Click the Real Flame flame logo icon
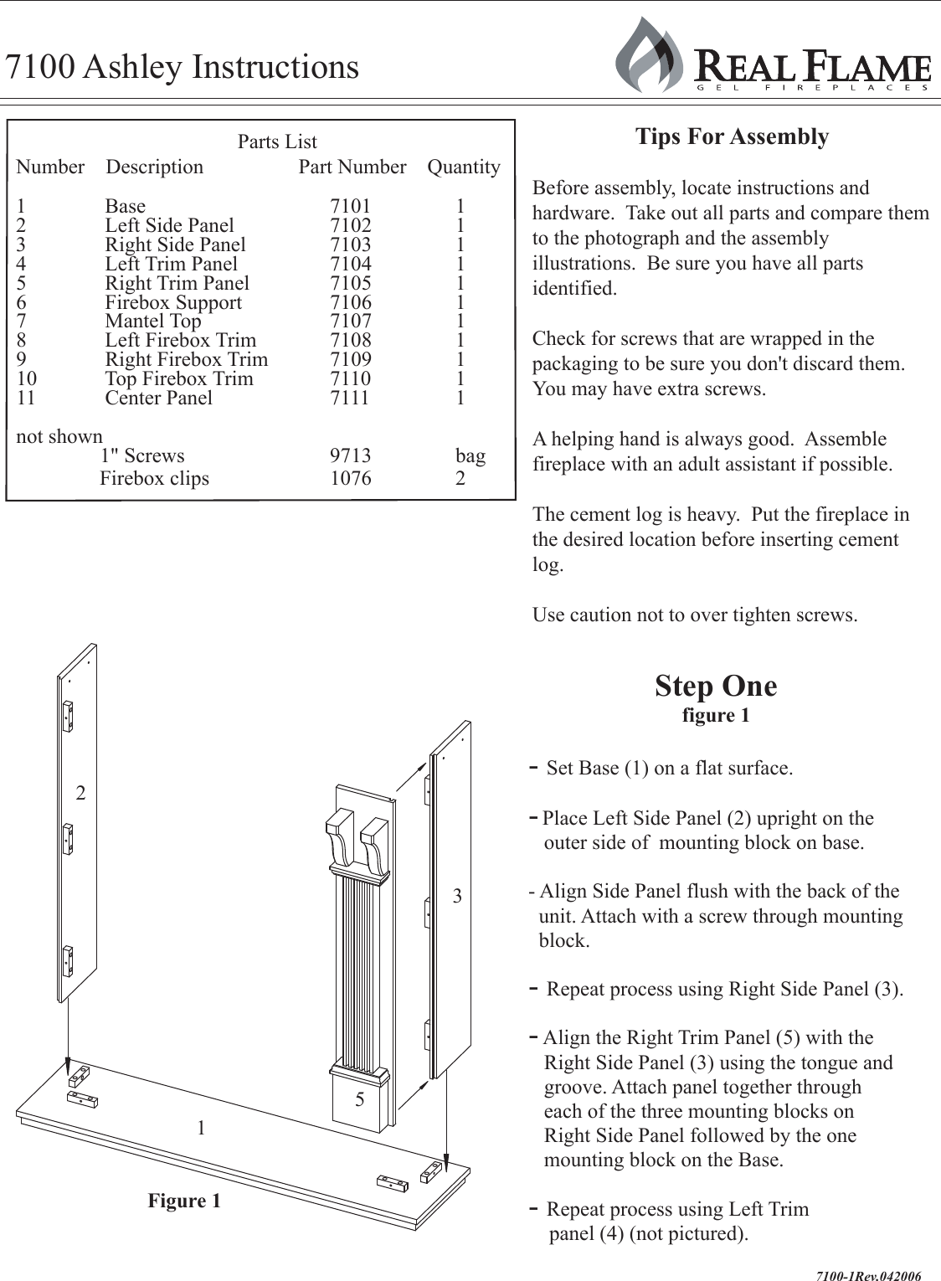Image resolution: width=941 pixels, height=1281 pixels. pos(650,57)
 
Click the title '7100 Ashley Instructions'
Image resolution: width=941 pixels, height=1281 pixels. pos(182,67)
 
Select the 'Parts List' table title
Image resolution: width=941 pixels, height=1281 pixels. pos(277,141)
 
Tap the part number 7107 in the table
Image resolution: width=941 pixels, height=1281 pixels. pos(350,321)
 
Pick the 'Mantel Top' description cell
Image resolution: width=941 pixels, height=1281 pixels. pos(153,321)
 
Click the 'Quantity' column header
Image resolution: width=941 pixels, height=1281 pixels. pos(464,167)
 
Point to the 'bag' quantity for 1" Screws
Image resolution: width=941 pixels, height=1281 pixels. pos(470,455)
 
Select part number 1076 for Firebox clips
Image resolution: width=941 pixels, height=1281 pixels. pos(350,478)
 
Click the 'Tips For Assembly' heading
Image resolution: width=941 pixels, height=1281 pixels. pos(732,136)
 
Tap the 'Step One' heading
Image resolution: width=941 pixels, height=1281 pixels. pos(716,686)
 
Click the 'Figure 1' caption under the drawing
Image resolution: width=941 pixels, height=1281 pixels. pos(184,1201)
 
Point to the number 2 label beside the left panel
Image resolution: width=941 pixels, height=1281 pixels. pos(80,793)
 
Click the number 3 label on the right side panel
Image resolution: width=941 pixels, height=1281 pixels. pos(457,896)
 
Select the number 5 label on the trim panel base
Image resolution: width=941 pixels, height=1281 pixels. pos(360,1099)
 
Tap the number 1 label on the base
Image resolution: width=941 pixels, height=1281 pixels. pos(201,1128)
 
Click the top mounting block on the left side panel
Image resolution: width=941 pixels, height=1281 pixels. pos(67,715)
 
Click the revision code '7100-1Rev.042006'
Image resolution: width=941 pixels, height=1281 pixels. pos(868,1276)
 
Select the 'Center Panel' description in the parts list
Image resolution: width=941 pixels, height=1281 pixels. pos(159,398)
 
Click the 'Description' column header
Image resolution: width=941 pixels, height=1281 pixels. pos(154,167)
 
